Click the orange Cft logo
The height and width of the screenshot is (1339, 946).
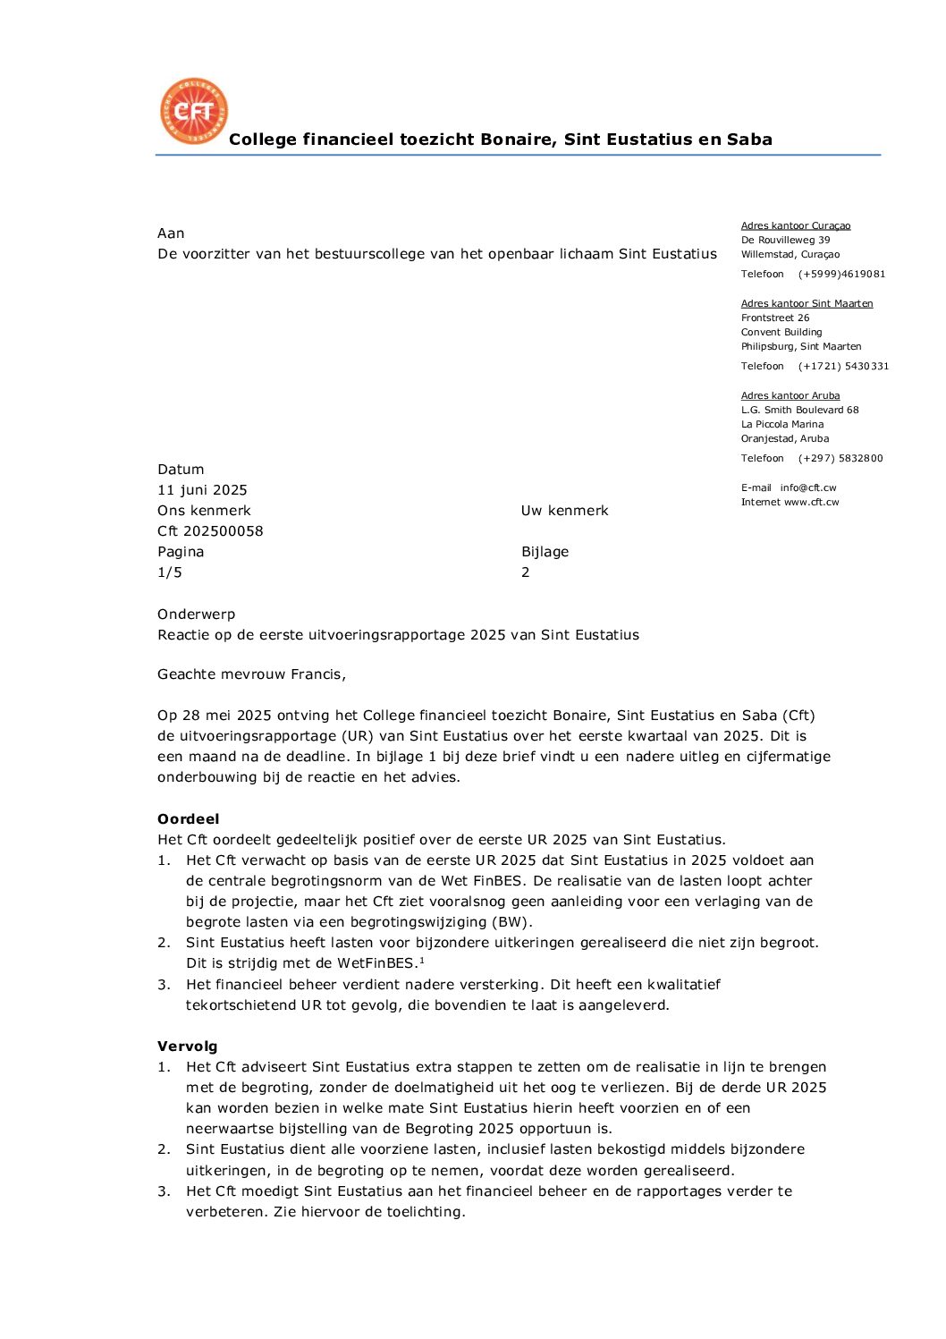(194, 111)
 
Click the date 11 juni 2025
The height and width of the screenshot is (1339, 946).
(202, 490)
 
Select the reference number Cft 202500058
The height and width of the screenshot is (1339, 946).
(210, 531)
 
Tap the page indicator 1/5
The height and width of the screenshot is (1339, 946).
(170, 572)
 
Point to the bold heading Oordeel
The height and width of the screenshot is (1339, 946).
(188, 819)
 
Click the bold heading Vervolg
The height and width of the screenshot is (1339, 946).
(187, 1047)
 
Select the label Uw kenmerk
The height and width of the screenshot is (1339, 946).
(564, 511)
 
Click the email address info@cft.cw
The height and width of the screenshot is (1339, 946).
(807, 487)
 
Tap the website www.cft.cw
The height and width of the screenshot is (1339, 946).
(811, 502)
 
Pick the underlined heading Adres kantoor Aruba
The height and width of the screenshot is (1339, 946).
(790, 395)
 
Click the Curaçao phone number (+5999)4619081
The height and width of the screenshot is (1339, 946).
(841, 274)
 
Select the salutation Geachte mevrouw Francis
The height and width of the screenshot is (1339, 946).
(251, 674)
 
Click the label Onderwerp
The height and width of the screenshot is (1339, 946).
(196, 614)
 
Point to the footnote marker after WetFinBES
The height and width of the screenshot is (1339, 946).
(421, 960)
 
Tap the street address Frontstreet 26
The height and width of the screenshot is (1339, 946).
(775, 318)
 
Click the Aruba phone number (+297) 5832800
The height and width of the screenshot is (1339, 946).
(840, 458)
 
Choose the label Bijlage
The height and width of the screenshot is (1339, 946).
(545, 552)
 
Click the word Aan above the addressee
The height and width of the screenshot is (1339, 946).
(171, 233)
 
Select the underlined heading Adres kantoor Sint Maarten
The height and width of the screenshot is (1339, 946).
(807, 303)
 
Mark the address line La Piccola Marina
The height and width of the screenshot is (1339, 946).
(782, 424)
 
